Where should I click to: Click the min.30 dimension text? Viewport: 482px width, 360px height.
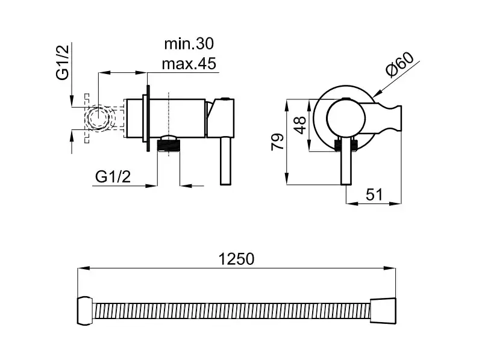pyautogui.click(x=189, y=44)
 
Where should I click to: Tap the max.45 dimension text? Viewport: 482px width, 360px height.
pyautogui.click(x=189, y=64)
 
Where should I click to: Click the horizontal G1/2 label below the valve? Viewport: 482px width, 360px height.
pyautogui.click(x=113, y=176)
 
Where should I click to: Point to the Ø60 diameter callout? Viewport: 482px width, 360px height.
pyautogui.click(x=400, y=65)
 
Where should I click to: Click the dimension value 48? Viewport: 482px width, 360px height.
pyautogui.click(x=299, y=125)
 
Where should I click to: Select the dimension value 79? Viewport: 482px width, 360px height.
pyautogui.click(x=278, y=141)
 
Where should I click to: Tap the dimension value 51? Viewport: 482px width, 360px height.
pyautogui.click(x=374, y=194)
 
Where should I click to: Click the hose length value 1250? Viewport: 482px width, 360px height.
pyautogui.click(x=236, y=259)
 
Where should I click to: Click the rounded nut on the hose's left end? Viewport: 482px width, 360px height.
pyautogui.click(x=85, y=311)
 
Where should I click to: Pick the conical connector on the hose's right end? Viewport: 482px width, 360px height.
pyautogui.click(x=383, y=311)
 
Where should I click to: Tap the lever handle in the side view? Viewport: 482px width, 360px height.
pyautogui.click(x=225, y=161)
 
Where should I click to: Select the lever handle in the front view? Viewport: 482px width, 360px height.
pyautogui.click(x=346, y=161)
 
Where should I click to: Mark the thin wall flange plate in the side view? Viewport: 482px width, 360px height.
pyautogui.click(x=148, y=118)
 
